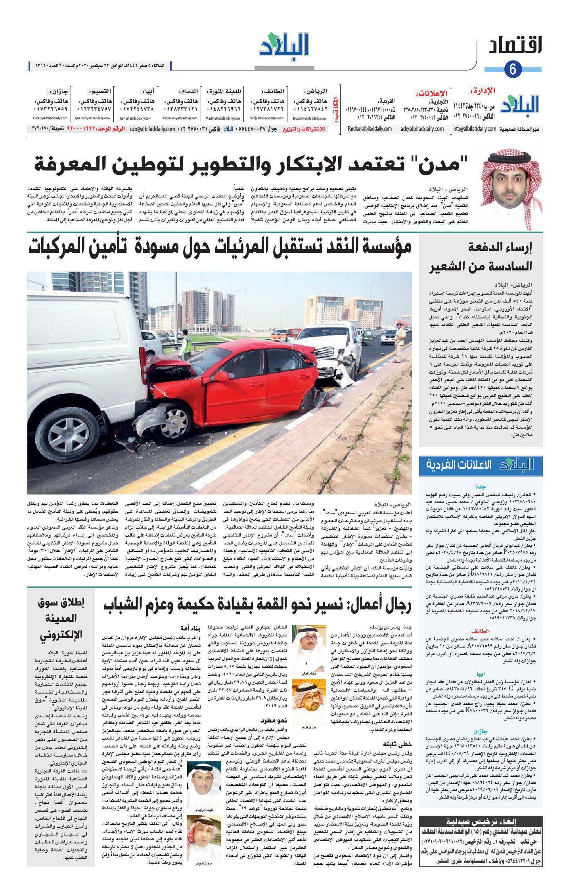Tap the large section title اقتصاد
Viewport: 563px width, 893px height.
(515, 47)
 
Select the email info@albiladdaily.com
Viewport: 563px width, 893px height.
(474, 129)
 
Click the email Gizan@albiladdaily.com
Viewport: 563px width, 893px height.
(50, 118)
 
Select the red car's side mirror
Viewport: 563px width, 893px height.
(221, 376)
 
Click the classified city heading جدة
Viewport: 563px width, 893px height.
(481, 487)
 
